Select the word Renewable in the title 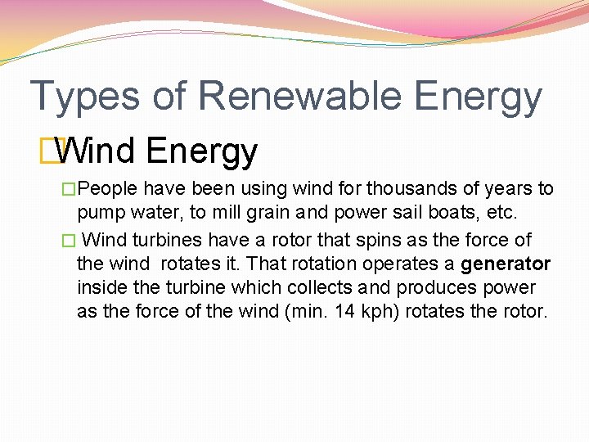[299, 95]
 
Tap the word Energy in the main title [478, 97]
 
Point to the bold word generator [506, 264]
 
